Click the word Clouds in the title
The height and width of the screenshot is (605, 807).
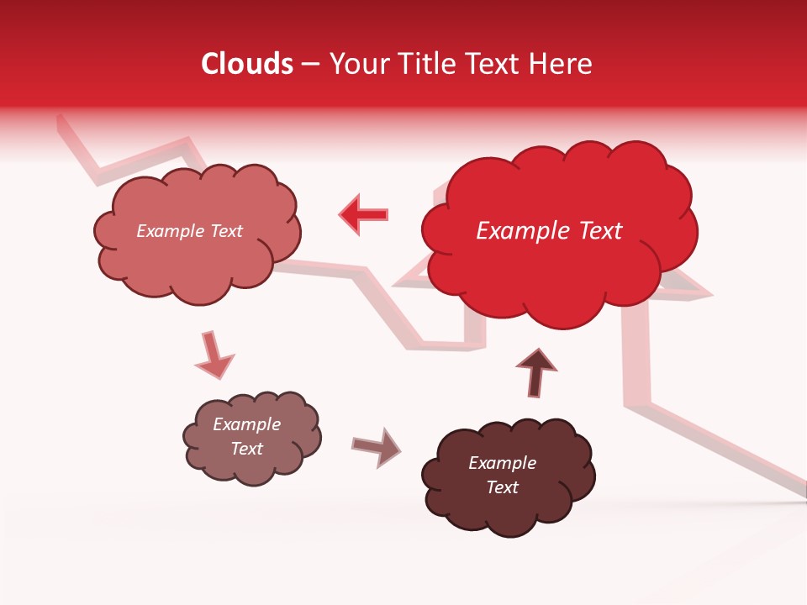pos(247,64)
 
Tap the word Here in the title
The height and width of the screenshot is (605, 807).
pos(560,64)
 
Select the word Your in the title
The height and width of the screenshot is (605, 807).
pos(360,64)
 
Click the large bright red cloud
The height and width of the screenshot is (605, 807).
pos(555,269)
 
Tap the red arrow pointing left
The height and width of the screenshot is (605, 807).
pos(363,214)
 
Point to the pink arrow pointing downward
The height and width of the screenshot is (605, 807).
pos(214,355)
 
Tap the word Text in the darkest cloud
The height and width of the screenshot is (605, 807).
pos(502,487)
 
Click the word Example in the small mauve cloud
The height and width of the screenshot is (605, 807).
pos(246,424)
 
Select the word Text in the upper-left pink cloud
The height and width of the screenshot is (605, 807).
pos(225,231)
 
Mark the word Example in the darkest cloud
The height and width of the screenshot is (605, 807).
pos(502,463)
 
